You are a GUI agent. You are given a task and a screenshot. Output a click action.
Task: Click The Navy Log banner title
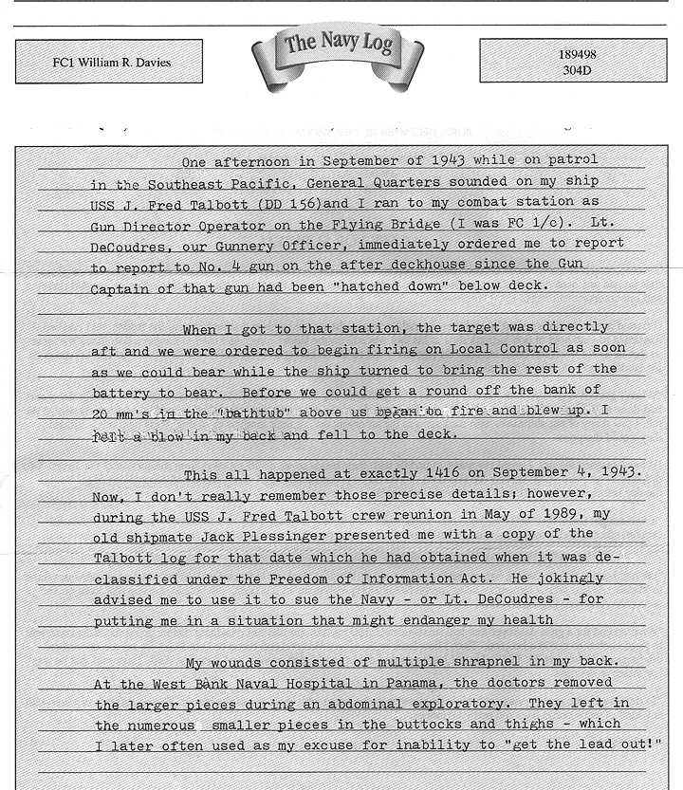(338, 43)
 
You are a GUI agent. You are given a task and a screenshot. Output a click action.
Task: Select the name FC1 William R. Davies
(112, 63)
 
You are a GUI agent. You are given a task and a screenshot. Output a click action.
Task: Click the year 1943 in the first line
(447, 160)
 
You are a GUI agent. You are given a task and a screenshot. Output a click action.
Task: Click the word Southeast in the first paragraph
(190, 181)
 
